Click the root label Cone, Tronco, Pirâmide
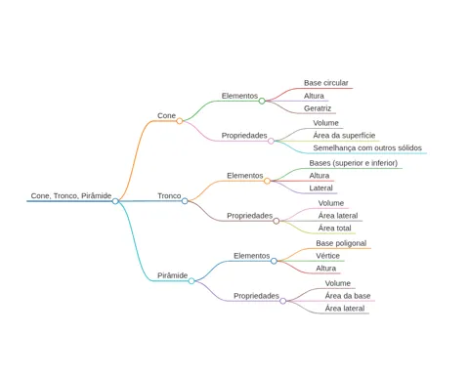coord(71,195)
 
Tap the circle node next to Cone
coord(180,121)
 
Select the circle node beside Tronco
coord(185,201)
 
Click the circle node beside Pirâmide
coord(192,281)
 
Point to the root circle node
coord(115,201)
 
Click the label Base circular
coord(326,83)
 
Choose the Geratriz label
coord(318,108)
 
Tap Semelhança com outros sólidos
coord(367,147)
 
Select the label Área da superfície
coord(344,135)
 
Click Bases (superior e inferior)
coord(354,163)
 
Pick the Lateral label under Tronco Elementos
coord(320,187)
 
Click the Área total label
coord(335,228)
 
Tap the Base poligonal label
coord(341,243)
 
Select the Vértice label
coord(327,256)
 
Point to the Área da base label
coord(348,296)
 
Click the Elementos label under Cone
coord(239,96)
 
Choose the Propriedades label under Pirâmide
coord(256,296)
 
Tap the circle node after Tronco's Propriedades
coord(277,221)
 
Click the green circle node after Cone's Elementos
coord(262,101)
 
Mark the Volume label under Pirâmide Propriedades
coord(338,283)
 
